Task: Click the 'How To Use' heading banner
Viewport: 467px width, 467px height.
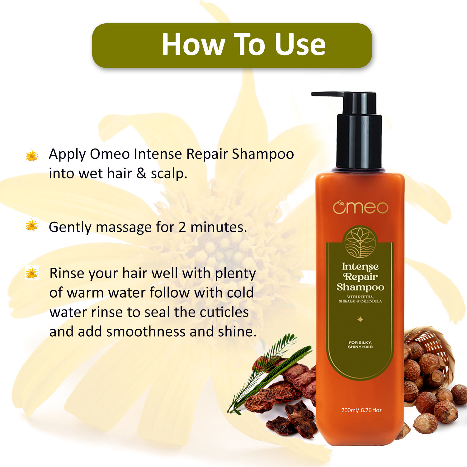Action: [x=232, y=45]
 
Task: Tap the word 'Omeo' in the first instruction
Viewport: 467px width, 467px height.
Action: [x=110, y=154]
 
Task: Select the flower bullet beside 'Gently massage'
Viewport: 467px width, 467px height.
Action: [x=32, y=225]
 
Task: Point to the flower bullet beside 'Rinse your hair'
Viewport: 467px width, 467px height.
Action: [x=32, y=273]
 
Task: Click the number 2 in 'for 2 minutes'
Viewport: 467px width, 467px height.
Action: [x=182, y=227]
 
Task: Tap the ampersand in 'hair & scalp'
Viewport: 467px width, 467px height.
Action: [x=141, y=173]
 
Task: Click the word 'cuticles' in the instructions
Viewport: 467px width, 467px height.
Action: [x=224, y=312]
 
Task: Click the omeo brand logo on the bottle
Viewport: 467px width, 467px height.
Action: [x=360, y=208]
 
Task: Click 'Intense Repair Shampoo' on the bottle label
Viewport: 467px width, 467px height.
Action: [x=360, y=277]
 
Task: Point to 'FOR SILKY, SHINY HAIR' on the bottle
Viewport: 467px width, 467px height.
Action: [x=360, y=345]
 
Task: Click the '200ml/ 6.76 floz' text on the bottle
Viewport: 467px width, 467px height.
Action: [x=361, y=410]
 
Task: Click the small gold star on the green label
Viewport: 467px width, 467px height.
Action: [x=360, y=319]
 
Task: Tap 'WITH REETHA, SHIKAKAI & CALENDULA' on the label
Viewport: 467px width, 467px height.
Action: [x=360, y=299]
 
